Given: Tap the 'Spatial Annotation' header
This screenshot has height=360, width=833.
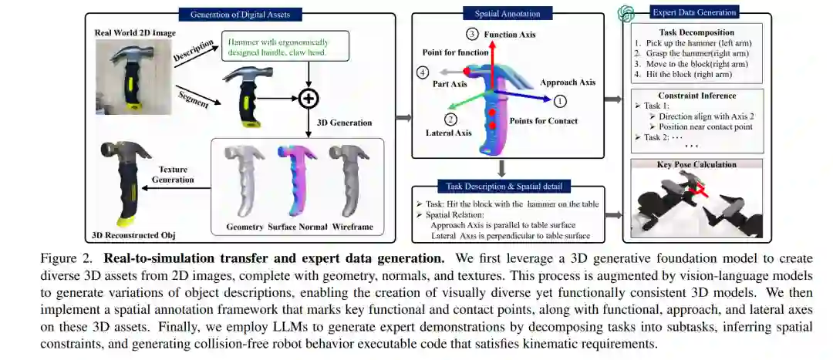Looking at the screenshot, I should [502, 13].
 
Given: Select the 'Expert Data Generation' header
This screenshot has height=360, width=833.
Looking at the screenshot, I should [694, 12].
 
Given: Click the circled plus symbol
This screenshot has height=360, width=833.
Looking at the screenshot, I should [309, 98].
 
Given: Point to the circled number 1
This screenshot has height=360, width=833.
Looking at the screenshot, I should [561, 100].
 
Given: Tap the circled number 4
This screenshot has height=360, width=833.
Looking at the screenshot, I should [423, 72].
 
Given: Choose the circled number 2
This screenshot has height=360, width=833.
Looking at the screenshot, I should [451, 119].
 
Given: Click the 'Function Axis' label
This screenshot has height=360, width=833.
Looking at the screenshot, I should [510, 35].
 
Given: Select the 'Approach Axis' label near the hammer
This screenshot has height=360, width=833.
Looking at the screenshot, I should [568, 82].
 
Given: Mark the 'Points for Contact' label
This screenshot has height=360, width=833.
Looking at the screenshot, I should [544, 121].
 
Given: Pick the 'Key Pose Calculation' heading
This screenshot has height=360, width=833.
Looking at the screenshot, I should [696, 163].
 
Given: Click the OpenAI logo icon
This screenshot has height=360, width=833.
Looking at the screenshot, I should [627, 13].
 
